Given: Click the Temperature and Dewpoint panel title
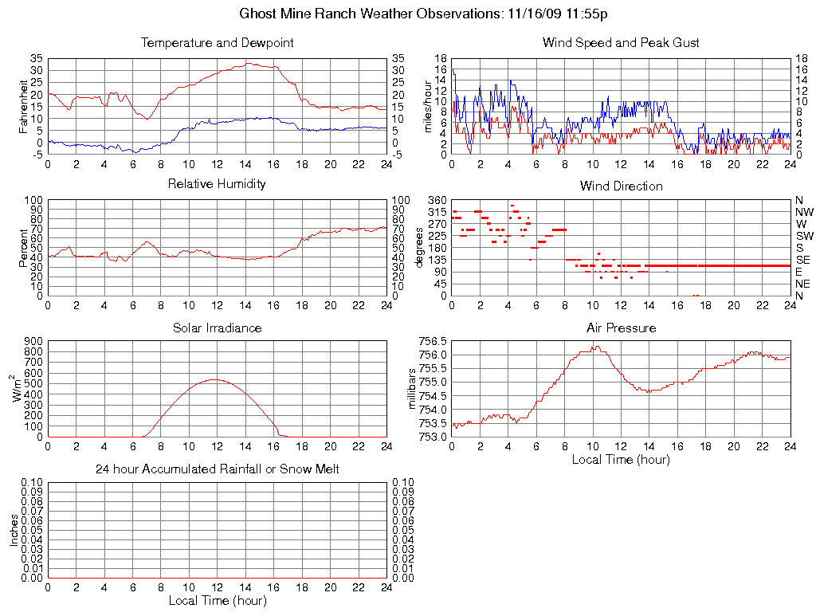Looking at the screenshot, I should coord(217,42).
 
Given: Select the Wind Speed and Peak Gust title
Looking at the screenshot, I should coord(621,42).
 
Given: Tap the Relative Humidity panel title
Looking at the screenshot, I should coord(217,184).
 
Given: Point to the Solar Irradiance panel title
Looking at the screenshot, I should coord(217,328).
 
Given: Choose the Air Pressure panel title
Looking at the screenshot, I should coord(621,328).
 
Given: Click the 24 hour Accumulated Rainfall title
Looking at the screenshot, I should coord(217,469).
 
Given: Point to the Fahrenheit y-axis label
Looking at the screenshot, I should coord(23,105).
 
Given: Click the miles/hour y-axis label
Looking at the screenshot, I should coord(428,105).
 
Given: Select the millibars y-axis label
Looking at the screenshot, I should coord(412,388).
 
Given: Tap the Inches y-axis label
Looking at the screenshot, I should coord(14,530).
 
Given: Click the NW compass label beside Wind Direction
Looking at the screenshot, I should coord(803,212).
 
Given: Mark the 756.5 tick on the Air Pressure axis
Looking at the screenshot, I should coord(433,340).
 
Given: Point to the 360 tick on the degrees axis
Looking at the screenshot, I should coord(437,200).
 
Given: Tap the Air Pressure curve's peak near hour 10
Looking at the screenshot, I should coord(594,346).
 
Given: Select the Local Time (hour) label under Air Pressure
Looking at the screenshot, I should coord(621,459).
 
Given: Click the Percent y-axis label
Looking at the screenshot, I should coord(23,247).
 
